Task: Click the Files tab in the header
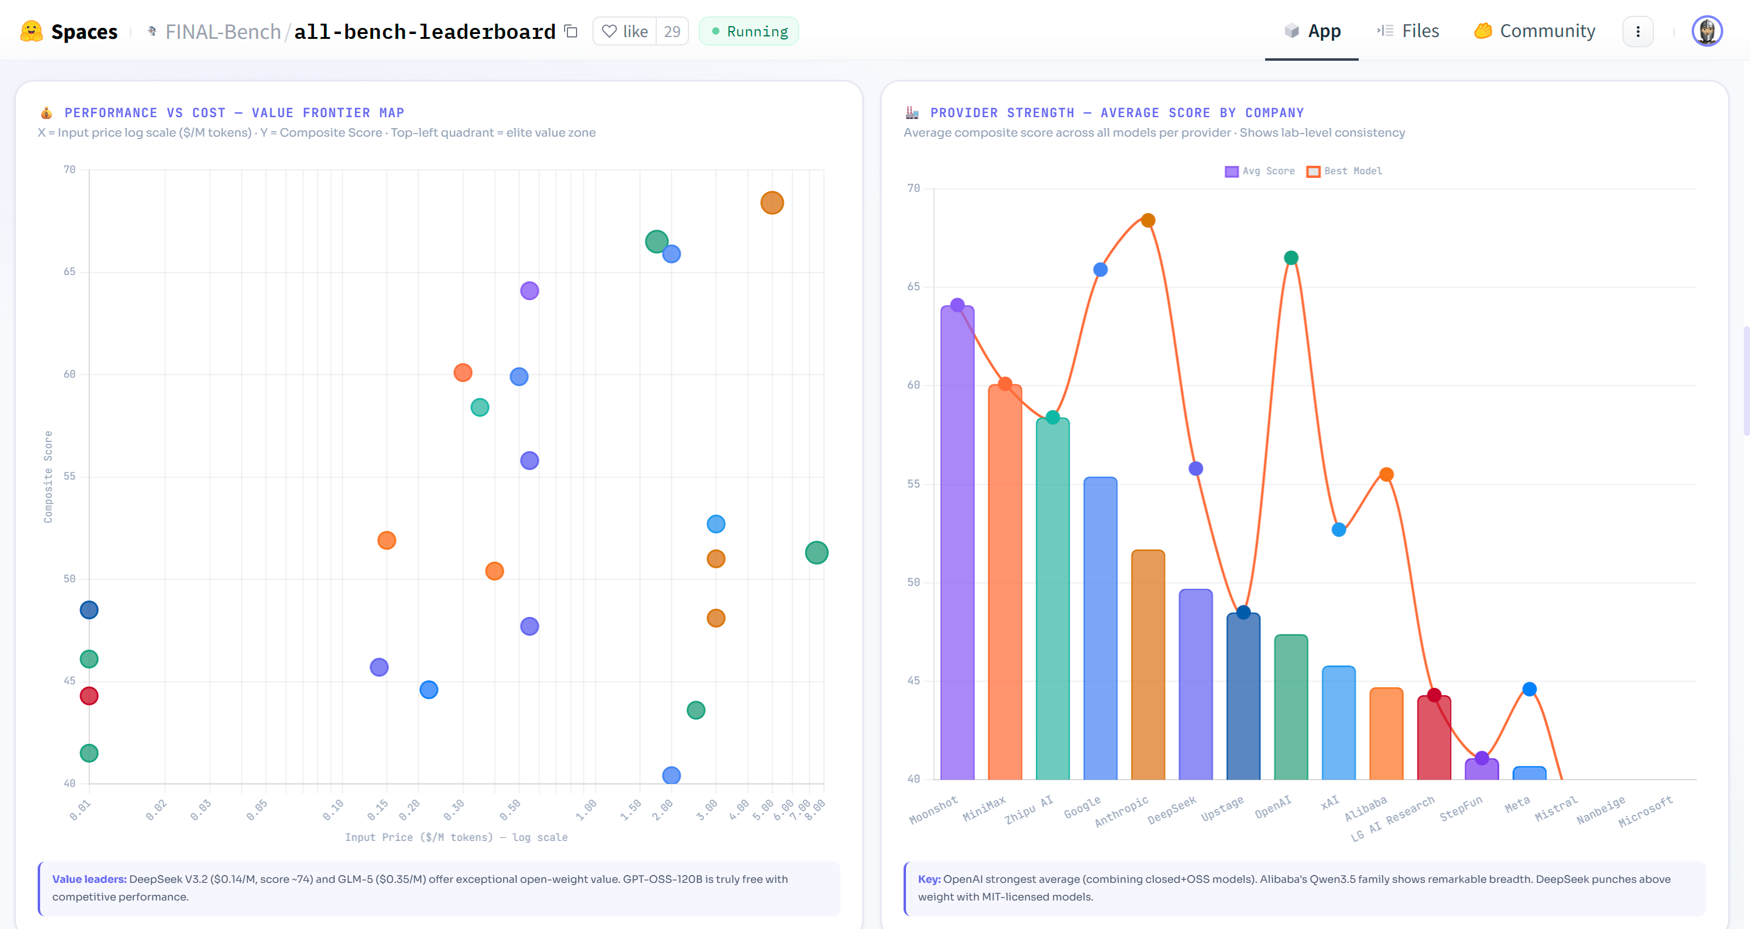click(1409, 31)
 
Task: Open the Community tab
click(1535, 31)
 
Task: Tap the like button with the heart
click(625, 31)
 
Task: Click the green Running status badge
click(749, 31)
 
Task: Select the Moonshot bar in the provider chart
click(957, 543)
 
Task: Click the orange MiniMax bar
click(1005, 584)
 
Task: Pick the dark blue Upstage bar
click(1243, 696)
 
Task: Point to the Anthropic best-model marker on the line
click(1148, 220)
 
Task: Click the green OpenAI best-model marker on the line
click(1291, 257)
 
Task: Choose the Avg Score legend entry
click(1260, 171)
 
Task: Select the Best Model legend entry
click(1345, 171)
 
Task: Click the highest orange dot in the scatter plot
click(772, 202)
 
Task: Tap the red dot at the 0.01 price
click(89, 695)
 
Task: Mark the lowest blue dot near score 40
click(671, 775)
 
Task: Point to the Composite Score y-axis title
click(48, 477)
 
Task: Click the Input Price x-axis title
click(456, 837)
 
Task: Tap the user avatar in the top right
click(1706, 31)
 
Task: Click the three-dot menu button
click(1638, 31)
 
